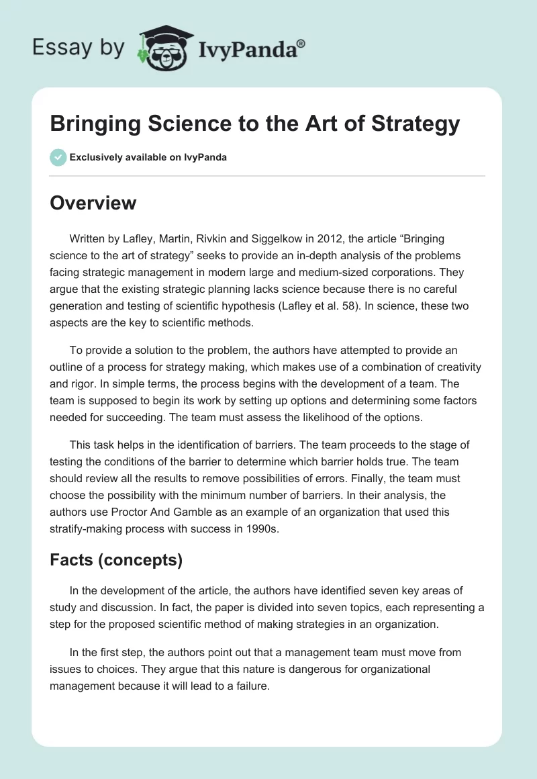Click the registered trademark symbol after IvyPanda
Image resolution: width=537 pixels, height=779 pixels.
pyautogui.click(x=301, y=44)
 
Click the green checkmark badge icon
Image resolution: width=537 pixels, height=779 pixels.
pyautogui.click(x=58, y=157)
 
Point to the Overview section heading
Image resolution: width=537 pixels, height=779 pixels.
pyautogui.click(x=93, y=203)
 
